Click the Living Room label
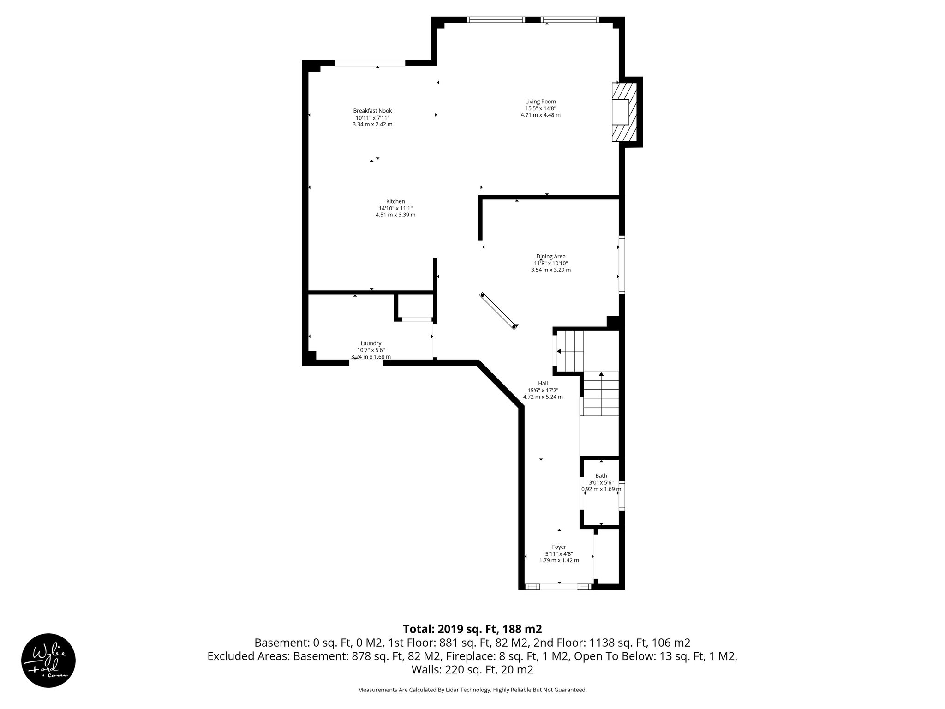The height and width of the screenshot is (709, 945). (x=540, y=102)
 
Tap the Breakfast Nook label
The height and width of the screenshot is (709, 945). (x=372, y=111)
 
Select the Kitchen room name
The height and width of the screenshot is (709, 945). (x=395, y=201)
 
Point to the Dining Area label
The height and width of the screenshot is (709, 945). (x=550, y=257)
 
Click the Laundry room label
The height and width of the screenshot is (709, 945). (x=371, y=343)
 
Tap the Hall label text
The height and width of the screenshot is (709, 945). (x=543, y=383)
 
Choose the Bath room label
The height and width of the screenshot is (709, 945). (x=601, y=476)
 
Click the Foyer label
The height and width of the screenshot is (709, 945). (x=559, y=547)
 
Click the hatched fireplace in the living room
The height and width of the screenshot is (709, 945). (x=625, y=112)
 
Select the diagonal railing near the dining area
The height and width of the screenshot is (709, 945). (x=498, y=311)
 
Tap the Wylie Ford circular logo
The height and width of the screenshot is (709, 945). (x=48, y=661)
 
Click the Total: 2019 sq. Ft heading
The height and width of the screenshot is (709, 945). (x=472, y=629)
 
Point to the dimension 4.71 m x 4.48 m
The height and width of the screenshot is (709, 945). (x=540, y=115)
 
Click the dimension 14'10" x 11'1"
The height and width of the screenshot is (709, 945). (x=395, y=208)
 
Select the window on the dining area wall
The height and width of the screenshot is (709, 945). (x=622, y=265)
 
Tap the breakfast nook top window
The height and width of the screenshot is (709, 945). (x=370, y=63)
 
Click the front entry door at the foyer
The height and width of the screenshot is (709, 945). (x=559, y=587)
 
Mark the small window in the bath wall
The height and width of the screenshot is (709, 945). (x=622, y=495)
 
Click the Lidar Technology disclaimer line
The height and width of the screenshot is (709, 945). (x=472, y=690)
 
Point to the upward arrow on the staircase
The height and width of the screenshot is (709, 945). (x=601, y=375)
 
